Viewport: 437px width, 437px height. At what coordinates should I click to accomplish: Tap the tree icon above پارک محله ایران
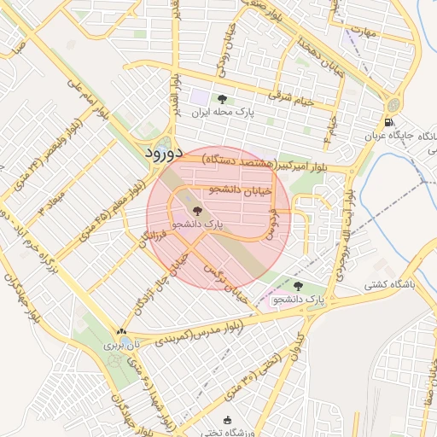pyautogui.click(x=223, y=100)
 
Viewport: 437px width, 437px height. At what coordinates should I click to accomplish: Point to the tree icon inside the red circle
pyautogui.click(x=197, y=210)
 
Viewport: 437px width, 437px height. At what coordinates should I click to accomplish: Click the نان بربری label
pyautogui.click(x=119, y=346)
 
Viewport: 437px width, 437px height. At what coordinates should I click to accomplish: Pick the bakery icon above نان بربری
pyautogui.click(x=120, y=333)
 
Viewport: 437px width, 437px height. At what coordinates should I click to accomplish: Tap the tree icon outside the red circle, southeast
pyautogui.click(x=297, y=286)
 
